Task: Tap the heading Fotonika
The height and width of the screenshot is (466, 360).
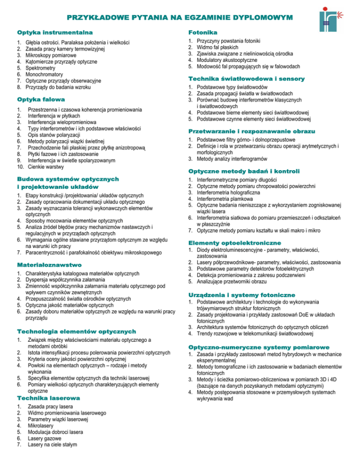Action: click(x=202, y=33)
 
